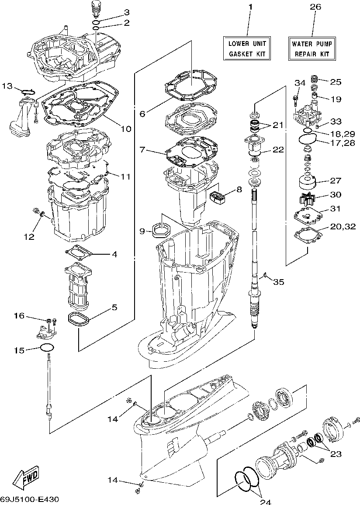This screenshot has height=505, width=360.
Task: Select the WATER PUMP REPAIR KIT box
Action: (312, 48)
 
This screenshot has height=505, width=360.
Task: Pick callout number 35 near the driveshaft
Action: (278, 282)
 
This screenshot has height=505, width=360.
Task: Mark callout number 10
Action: (125, 129)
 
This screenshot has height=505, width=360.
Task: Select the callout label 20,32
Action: (343, 226)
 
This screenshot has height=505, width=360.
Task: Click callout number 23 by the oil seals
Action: (335, 454)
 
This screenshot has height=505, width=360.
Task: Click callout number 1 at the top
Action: (250, 7)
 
